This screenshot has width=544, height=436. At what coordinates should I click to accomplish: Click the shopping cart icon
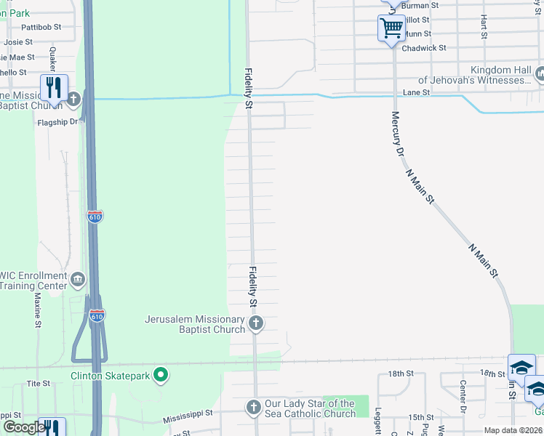tap(391, 29)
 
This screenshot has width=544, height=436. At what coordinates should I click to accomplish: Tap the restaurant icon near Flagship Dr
tap(54, 89)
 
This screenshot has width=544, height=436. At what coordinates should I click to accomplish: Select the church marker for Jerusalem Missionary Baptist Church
tap(255, 323)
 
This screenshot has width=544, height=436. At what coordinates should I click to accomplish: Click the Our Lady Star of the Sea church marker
tap(253, 406)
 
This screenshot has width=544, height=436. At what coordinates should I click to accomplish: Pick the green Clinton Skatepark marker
tap(161, 376)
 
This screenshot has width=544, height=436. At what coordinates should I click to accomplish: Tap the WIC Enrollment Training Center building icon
tap(78, 278)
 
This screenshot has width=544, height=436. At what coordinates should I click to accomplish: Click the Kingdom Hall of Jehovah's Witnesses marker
tap(540, 73)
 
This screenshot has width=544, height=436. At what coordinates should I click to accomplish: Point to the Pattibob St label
tap(41, 26)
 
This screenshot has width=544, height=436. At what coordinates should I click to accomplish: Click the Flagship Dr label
tap(57, 122)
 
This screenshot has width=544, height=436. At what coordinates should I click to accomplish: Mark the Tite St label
tap(37, 383)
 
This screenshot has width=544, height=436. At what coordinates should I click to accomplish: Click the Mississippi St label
tap(187, 412)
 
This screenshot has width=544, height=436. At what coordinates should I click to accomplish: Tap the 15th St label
tap(420, 417)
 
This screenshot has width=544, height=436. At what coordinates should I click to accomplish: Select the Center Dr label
tap(462, 396)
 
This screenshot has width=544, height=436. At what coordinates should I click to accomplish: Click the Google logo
tap(23, 427)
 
